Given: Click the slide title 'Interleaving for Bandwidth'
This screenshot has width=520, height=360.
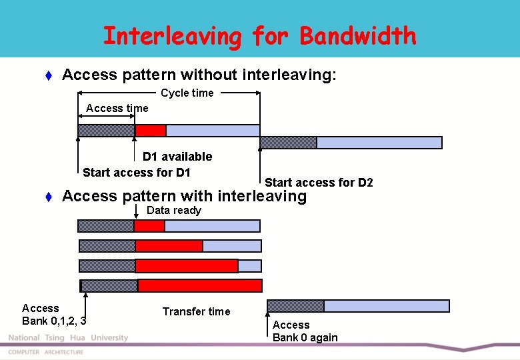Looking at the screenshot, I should pyautogui.click(x=259, y=36).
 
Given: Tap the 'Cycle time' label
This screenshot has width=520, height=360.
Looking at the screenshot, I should pyautogui.click(x=187, y=93).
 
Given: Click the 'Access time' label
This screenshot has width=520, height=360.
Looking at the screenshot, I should pyautogui.click(x=117, y=108).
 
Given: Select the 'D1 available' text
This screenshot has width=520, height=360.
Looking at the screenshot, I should pyautogui.click(x=177, y=157).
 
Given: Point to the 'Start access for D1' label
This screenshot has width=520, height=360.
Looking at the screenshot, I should pyautogui.click(x=137, y=173).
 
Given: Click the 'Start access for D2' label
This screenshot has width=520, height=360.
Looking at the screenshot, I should pyautogui.click(x=319, y=183).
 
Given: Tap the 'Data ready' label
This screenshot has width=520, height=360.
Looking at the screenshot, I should pyautogui.click(x=173, y=211).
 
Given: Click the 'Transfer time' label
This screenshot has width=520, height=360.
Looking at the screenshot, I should pyautogui.click(x=196, y=311).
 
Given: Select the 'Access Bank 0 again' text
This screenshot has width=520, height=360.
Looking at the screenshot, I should pyautogui.click(x=305, y=331).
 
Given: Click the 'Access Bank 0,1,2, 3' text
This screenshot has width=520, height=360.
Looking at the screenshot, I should pyautogui.click(x=53, y=314).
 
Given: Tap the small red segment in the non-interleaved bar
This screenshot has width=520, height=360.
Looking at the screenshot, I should pyautogui.click(x=151, y=131).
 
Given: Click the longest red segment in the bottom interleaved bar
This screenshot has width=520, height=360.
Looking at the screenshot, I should pyautogui.click(x=199, y=286).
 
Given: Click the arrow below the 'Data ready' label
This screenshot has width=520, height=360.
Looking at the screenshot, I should pyautogui.click(x=135, y=212).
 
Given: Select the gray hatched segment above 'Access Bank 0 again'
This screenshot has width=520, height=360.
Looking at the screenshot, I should pyautogui.click(x=295, y=306).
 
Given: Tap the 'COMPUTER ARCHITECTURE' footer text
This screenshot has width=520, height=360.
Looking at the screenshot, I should pyautogui.click(x=46, y=352).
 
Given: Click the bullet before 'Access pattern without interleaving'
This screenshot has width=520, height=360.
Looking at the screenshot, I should pyautogui.click(x=48, y=75).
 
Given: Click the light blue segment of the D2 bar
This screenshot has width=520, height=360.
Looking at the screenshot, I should pyautogui.click(x=379, y=143).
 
